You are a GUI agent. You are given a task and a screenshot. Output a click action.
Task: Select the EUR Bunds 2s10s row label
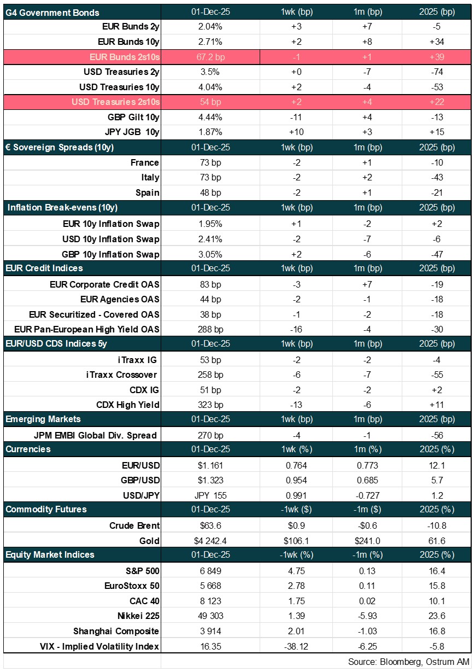tap(125, 57)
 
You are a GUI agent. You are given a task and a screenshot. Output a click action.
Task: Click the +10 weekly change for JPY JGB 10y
tap(298, 132)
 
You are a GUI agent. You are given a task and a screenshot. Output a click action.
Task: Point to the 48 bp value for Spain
tap(210, 192)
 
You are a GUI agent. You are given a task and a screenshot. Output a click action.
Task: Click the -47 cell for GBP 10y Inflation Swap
tap(436, 254)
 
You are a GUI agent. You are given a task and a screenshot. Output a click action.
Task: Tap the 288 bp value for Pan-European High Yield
tap(210, 329)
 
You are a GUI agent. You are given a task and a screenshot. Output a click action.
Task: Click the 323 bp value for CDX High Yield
tap(210, 405)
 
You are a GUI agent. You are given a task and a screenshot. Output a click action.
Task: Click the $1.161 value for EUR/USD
tap(210, 465)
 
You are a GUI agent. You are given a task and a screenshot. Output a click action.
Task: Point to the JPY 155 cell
tap(210, 495)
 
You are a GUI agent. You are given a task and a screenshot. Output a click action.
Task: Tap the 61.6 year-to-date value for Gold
tap(436, 541)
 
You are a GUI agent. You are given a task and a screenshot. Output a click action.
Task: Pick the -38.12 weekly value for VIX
tap(298, 646)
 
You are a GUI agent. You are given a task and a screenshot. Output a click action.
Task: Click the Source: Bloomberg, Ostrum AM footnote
tap(408, 662)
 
